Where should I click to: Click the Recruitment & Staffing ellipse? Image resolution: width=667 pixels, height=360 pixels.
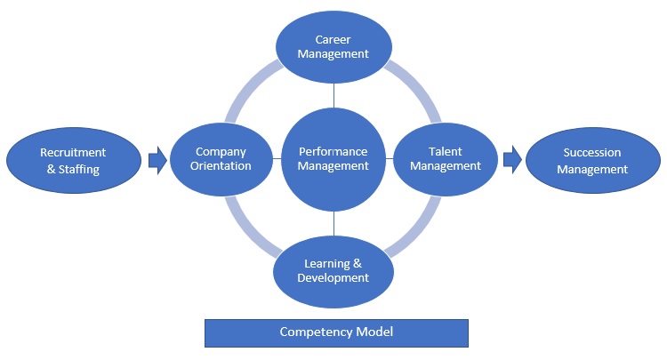74,161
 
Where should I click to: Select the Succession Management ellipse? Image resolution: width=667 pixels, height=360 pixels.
593,161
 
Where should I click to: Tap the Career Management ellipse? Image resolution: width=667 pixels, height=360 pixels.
333,47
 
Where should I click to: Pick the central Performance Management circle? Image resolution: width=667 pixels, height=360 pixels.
333,159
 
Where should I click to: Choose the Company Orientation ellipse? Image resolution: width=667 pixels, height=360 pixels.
221,159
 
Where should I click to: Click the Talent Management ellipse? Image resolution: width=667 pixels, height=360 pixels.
446,159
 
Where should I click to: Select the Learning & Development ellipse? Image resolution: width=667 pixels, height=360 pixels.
333,272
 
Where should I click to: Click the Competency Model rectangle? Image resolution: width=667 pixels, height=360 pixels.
336,333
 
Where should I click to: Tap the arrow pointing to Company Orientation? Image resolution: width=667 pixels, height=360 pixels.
157,160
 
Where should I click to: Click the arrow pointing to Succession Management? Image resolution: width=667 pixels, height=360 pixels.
512,160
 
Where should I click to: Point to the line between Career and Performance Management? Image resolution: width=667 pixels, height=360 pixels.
333,96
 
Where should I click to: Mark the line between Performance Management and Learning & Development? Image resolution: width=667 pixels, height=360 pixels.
333,224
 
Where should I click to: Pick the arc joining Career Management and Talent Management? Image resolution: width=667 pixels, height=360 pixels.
418,87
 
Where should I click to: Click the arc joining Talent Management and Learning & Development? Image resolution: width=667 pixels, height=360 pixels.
418,232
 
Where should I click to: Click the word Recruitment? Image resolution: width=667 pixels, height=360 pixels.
73,152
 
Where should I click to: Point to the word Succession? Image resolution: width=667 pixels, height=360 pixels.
592,152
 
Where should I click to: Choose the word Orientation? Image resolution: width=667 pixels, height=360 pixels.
221,165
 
